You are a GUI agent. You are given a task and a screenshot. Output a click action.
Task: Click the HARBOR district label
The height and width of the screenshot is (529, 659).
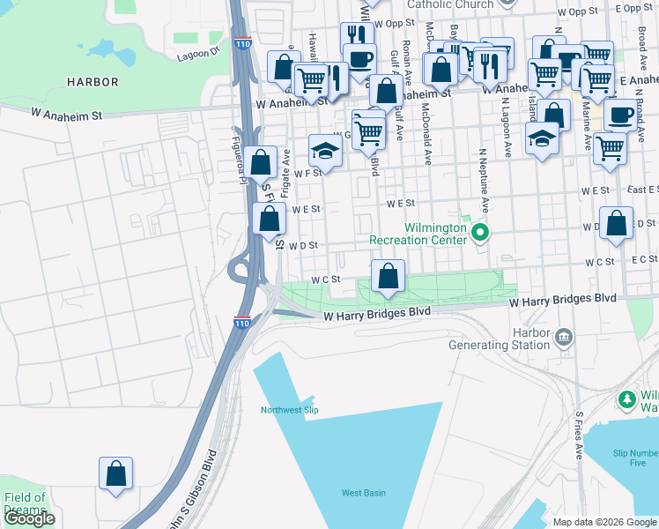coord(93,82)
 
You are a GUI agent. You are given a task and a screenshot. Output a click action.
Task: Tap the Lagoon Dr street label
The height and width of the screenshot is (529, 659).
coord(201,52)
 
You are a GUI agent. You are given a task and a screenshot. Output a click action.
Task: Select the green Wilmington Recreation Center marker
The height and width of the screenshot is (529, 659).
coord(480,234)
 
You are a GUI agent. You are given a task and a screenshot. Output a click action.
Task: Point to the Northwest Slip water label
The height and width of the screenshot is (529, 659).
coord(289,410)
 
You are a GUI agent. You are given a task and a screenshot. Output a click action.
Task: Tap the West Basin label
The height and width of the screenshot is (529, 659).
coord(363,493)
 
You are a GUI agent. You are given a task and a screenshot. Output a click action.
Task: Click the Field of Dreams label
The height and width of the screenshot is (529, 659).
coord(25,503)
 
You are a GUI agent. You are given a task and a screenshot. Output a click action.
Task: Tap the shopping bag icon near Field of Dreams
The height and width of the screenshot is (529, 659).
coord(115,474)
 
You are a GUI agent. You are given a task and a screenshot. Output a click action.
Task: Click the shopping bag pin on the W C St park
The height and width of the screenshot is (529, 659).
coord(388,277)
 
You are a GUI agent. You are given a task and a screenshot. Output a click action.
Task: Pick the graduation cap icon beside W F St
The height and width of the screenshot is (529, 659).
coord(325,151)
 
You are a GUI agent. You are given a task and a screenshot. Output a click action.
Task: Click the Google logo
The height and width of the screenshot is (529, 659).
coord(29,518)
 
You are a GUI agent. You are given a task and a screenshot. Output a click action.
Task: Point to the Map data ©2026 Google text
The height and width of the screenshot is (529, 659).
coord(603,522)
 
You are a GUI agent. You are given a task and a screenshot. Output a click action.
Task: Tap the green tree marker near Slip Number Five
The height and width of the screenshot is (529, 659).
coord(627,399)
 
